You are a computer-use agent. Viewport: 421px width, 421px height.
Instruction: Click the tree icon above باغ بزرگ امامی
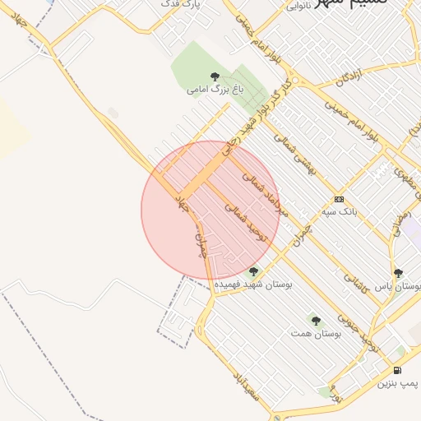point(215,76)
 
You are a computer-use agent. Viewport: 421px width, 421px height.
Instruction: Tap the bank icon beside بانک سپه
point(339,200)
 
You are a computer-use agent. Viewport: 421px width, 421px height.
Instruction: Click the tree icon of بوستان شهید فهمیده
point(253,271)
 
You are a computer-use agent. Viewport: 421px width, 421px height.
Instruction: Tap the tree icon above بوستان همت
point(316,321)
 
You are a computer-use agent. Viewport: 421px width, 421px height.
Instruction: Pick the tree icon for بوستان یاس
point(398,274)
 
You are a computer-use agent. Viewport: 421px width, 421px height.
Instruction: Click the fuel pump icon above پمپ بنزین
point(398,371)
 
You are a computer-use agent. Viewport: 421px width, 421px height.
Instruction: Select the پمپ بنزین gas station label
point(398,383)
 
